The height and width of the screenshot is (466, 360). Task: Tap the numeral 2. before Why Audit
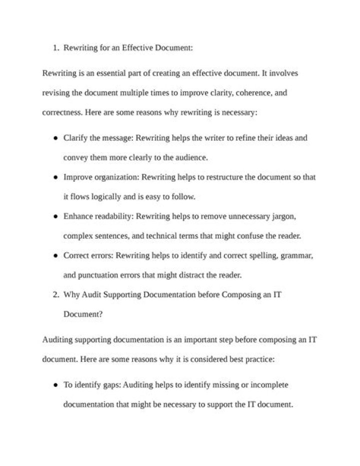(56, 295)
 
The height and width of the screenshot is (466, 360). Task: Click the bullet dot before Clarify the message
(54, 138)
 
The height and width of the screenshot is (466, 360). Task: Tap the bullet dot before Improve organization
(54, 177)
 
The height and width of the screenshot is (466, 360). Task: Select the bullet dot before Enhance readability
(54, 217)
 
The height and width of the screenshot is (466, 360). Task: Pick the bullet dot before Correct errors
(54, 256)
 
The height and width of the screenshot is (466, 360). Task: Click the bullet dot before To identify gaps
(54, 385)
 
